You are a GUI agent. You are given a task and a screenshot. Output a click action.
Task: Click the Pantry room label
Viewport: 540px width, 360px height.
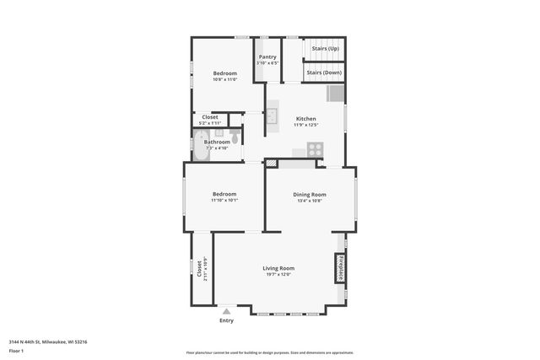267,57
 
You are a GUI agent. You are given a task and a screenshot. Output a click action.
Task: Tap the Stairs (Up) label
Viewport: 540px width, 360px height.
325,49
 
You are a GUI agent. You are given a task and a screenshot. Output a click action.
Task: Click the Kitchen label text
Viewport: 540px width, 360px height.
305,118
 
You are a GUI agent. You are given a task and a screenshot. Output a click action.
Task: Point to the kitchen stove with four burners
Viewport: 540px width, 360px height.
314,148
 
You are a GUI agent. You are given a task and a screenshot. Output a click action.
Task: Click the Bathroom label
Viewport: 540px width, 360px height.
217,142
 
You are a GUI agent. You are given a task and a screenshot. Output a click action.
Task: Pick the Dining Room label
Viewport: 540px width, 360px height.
310,195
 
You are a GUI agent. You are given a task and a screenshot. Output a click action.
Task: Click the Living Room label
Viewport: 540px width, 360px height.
278,268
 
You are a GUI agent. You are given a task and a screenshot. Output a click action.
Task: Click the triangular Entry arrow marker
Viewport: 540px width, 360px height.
226,311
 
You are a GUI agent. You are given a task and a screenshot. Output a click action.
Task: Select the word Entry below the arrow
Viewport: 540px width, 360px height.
226,320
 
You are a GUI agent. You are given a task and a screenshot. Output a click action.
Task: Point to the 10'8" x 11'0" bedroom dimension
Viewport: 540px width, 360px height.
224,79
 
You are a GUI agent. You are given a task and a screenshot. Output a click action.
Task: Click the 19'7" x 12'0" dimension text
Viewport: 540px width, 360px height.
278,274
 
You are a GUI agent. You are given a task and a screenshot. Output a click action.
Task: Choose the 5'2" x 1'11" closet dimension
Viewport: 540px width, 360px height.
209,123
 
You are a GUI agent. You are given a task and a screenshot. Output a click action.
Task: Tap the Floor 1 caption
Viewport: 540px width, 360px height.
16,350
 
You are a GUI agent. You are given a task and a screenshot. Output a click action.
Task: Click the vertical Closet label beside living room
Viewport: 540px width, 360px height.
199,269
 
